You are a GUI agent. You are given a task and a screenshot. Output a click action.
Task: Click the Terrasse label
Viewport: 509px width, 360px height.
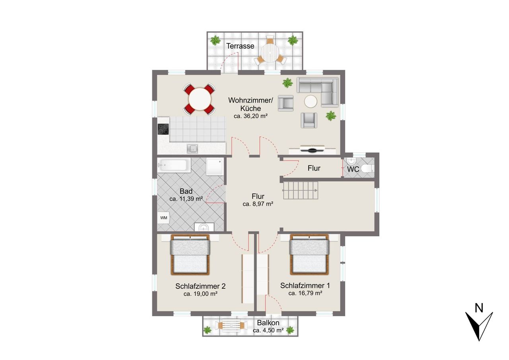point(240,46)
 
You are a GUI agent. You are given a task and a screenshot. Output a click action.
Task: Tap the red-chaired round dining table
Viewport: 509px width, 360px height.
point(200,99)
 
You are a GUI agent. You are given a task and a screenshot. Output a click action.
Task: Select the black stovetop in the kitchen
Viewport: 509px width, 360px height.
point(163,129)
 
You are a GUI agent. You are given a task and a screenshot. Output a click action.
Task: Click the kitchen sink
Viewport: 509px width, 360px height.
point(192,149)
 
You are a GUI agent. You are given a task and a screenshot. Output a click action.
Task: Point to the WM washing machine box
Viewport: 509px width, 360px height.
point(163,218)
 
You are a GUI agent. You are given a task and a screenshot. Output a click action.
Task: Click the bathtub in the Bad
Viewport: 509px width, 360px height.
point(174,165)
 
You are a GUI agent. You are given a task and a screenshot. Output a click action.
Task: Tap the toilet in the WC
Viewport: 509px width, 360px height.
point(367,168)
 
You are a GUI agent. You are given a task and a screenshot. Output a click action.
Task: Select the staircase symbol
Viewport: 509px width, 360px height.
point(300,191)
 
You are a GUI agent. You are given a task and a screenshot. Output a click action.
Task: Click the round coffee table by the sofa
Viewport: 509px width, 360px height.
point(311,101)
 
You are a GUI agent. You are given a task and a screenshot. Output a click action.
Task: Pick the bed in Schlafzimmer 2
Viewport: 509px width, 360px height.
point(190,255)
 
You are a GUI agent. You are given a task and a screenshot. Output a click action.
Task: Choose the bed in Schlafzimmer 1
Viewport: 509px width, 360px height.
point(309,254)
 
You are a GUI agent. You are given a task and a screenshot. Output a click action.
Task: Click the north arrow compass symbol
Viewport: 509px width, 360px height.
point(479,324)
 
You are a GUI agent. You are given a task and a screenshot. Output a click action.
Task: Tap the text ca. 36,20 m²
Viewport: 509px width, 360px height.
point(251,116)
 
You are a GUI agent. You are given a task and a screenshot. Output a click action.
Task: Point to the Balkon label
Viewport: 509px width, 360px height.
point(268,323)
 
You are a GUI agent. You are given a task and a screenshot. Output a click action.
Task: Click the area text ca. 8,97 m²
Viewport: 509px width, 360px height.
point(258,204)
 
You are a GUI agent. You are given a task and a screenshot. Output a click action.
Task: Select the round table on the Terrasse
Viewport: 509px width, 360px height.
point(270,53)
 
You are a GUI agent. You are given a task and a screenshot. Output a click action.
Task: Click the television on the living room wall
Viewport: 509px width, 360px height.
point(312,149)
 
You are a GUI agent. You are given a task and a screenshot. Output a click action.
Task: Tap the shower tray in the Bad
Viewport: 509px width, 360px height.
point(215,167)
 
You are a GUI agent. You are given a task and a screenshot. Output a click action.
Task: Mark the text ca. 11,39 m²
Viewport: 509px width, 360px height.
point(186,199)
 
